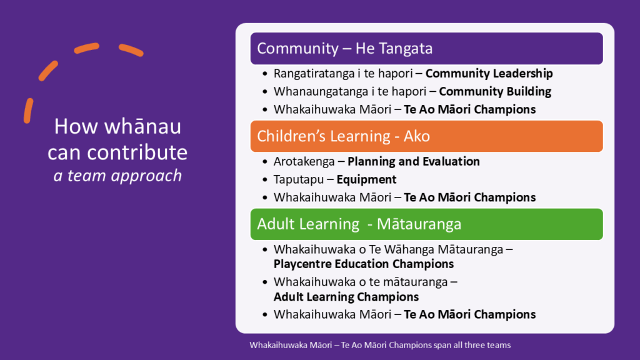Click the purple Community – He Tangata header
tap(426, 49)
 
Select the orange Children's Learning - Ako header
tap(426, 136)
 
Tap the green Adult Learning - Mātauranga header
tap(426, 224)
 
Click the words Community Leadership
tap(489, 74)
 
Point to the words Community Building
tap(495, 91)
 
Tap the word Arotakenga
tap(304, 162)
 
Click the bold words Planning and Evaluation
tap(414, 162)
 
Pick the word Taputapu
tap(298, 179)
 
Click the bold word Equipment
tap(366, 180)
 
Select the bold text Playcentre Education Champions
tap(364, 264)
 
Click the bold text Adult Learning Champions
tap(346, 297)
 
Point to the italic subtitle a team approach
tap(117, 176)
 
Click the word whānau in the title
tap(143, 126)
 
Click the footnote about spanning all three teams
tap(380, 345)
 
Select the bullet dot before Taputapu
tap(265, 180)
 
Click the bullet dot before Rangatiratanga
tap(265, 74)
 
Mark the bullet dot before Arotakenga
tap(265, 162)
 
